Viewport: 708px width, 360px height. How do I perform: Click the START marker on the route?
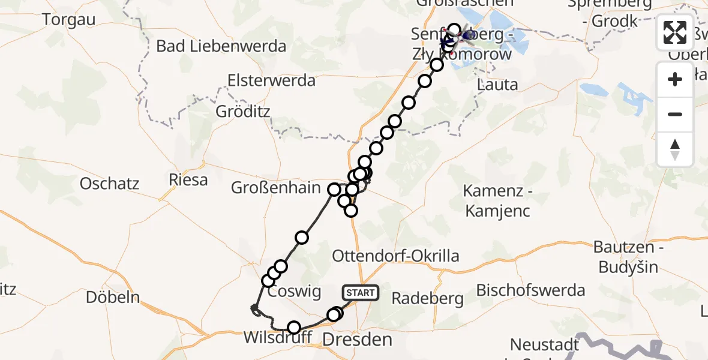click(x=360, y=293)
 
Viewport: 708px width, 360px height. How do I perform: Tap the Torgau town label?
click(x=69, y=19)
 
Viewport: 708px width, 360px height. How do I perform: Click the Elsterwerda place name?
click(x=271, y=81)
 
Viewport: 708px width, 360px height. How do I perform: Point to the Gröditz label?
click(x=243, y=112)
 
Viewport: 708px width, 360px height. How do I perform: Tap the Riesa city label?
click(x=188, y=179)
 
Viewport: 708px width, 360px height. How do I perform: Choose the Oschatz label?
click(x=109, y=183)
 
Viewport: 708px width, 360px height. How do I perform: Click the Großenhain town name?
click(x=276, y=188)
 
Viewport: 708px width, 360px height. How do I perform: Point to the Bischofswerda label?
click(x=530, y=290)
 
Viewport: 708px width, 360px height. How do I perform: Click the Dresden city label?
click(x=357, y=341)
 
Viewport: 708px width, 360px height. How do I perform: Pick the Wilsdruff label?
click(x=277, y=337)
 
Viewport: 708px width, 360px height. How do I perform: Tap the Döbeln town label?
click(x=113, y=296)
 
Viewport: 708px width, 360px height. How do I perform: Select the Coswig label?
click(x=294, y=292)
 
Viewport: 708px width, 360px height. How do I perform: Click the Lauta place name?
click(x=497, y=85)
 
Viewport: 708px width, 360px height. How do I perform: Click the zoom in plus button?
click(x=675, y=79)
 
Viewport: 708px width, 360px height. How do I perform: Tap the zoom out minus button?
click(x=675, y=114)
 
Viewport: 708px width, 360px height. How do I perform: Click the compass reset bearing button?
click(x=675, y=149)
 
